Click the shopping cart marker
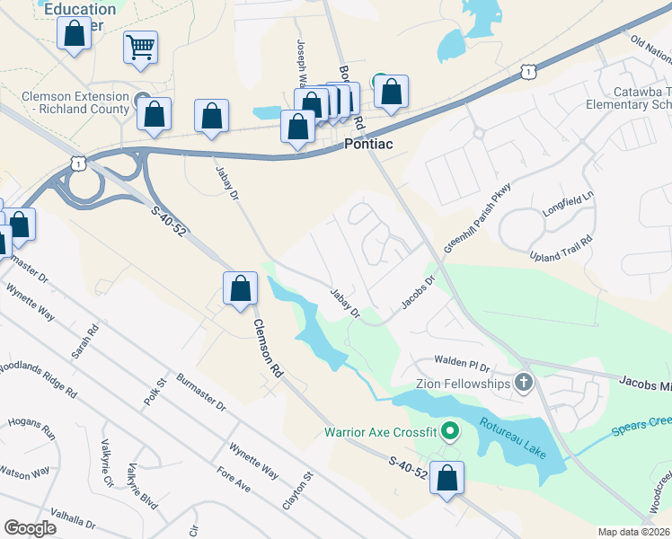click(x=140, y=47)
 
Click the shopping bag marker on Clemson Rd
click(x=240, y=289)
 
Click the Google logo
click(x=30, y=527)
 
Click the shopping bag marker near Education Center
click(x=74, y=36)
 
